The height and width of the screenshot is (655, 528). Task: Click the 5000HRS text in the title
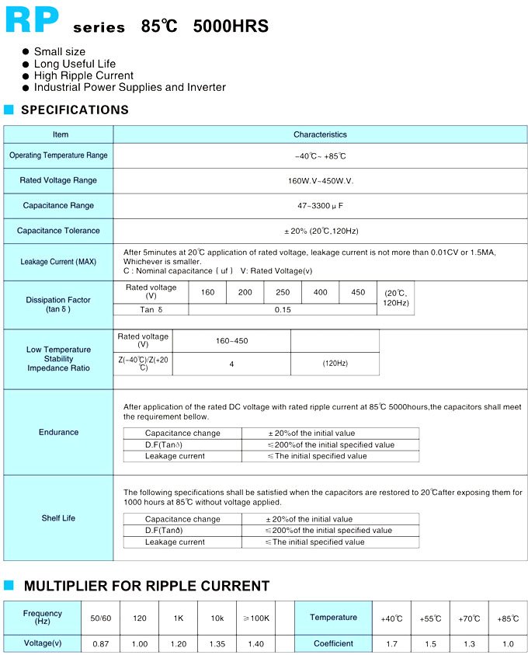click(231, 26)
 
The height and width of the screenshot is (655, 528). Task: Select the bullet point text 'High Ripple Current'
click(84, 75)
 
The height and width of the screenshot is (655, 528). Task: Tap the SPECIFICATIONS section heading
click(75, 110)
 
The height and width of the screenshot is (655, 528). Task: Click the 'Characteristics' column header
click(320, 134)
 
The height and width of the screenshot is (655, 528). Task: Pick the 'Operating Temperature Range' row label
click(58, 155)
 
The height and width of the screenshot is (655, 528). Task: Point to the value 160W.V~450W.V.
click(320, 180)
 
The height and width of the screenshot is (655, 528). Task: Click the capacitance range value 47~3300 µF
click(320, 206)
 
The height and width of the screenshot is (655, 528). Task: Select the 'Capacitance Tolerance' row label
click(58, 231)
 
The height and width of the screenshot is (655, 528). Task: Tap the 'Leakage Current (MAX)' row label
click(58, 262)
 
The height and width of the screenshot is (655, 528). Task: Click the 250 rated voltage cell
click(283, 292)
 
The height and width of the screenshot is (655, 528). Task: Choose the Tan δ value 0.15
click(283, 309)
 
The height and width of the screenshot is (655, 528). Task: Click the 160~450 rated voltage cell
click(231, 340)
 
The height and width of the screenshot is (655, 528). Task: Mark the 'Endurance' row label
click(59, 432)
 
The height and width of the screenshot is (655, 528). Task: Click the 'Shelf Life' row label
click(58, 518)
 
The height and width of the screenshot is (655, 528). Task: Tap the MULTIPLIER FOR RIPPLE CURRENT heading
click(147, 587)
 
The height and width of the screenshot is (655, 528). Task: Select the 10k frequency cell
click(217, 618)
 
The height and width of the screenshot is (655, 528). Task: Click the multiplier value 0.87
click(101, 643)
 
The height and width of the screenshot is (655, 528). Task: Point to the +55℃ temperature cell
click(430, 618)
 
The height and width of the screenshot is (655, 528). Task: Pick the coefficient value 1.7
click(391, 643)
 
